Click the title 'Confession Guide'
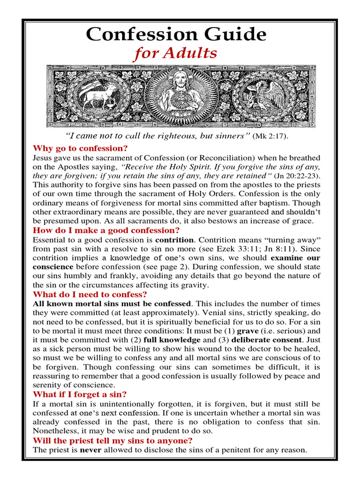point(176,34)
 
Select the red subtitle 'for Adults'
point(176,54)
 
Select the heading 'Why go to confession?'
point(80,149)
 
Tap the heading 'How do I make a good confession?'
point(106,230)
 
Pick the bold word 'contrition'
point(174,240)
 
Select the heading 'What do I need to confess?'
point(90,294)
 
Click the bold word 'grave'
point(248,331)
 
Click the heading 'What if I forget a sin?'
point(80,394)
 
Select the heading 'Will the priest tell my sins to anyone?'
point(112,441)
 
